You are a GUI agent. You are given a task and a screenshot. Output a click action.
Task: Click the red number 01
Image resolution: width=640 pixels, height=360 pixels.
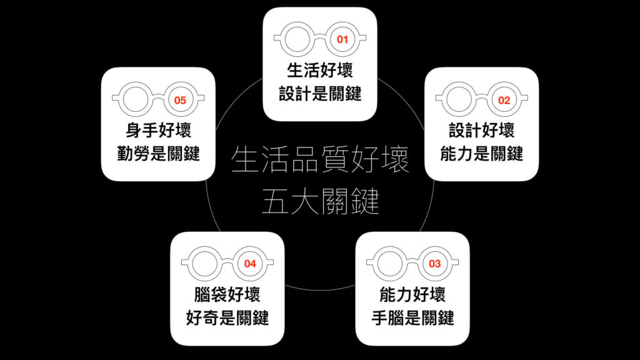tap(342, 39)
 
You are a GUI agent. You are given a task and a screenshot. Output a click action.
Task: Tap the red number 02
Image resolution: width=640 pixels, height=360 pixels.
tap(504, 101)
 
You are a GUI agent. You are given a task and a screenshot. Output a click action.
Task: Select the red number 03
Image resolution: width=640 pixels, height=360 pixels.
tap(435, 264)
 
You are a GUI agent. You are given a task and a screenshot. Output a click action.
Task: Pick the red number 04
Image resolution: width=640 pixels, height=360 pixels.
tap(250, 264)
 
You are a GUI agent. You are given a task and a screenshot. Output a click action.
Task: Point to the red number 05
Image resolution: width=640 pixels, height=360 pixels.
tap(180, 101)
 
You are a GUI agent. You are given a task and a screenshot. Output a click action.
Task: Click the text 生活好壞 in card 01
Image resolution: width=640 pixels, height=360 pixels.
tap(320, 70)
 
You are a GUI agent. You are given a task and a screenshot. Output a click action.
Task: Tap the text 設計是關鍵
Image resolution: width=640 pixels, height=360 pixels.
tap(320, 94)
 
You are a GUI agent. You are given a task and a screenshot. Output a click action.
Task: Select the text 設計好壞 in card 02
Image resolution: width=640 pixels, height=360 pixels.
tap(482, 130)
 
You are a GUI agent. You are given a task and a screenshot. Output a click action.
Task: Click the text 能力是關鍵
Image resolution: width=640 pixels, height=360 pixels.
tap(482, 154)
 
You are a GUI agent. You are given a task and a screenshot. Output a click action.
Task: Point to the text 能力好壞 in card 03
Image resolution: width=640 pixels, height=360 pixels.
tap(412, 294)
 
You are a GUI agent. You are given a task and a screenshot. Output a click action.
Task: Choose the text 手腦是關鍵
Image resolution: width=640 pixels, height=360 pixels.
tap(412, 317)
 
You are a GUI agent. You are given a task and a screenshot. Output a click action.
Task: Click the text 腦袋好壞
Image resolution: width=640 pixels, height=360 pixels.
tap(227, 294)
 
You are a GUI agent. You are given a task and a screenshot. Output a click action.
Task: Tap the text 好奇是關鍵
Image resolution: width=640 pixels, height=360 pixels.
tap(227, 317)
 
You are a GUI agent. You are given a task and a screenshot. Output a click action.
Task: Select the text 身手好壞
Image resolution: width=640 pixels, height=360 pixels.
tap(158, 130)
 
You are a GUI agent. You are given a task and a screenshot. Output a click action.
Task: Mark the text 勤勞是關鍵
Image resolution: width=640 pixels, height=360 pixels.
tap(158, 154)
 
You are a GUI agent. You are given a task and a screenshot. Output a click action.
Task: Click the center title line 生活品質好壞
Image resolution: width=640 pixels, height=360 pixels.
tap(320, 159)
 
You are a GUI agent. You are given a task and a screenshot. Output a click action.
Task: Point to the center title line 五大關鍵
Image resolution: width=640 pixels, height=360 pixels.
tap(320, 201)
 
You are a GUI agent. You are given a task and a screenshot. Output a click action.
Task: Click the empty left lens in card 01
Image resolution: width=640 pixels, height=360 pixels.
tap(297, 39)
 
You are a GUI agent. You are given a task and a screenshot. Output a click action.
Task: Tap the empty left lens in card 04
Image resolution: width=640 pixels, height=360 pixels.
tap(204, 263)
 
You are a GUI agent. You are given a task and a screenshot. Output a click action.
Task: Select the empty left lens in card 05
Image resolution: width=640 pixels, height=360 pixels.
tap(136, 99)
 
